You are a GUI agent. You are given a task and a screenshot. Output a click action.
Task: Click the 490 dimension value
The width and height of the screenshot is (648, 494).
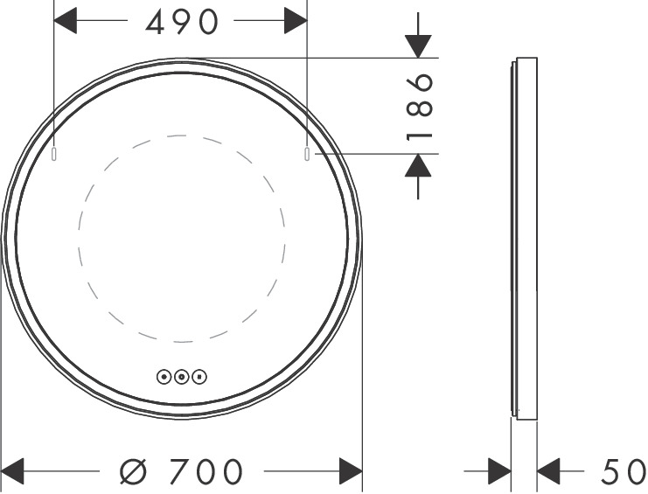[181, 22]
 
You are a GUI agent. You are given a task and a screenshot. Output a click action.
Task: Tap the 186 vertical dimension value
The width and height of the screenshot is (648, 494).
[420, 106]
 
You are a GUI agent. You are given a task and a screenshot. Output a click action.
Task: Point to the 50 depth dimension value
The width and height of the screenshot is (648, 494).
[623, 471]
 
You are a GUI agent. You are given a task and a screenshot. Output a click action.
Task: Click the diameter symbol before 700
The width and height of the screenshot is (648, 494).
[134, 471]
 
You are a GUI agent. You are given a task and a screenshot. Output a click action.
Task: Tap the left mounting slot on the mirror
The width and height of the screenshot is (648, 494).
[53, 154]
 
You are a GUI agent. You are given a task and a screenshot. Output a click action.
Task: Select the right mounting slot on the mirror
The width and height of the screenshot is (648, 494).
[307, 154]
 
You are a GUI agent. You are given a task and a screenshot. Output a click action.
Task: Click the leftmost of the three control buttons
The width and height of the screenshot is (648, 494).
[164, 377]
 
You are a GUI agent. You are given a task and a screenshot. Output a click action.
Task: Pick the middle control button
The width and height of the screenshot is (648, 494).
[181, 377]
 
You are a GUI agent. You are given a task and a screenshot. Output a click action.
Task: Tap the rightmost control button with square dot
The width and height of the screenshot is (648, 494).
[199, 377]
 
